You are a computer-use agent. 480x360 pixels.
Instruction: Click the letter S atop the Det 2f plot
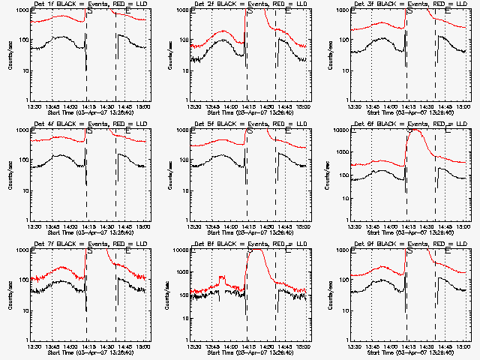click(250, 11)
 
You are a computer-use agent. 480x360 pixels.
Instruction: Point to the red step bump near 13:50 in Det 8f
click(222, 280)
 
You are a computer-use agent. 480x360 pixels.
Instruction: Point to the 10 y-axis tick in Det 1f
click(25, 70)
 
